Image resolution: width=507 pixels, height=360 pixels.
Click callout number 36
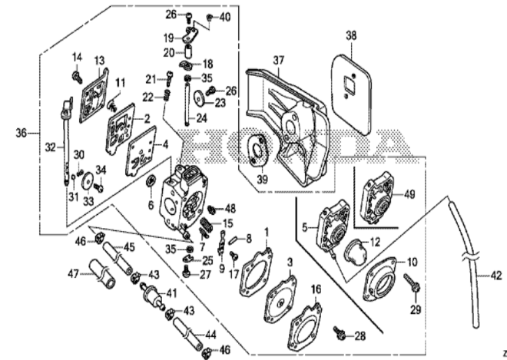(x=21, y=132)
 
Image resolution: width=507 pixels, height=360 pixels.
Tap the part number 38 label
(x=351, y=35)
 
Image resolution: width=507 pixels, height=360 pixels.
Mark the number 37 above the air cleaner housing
(x=278, y=61)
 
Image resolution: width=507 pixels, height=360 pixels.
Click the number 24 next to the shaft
(x=202, y=118)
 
